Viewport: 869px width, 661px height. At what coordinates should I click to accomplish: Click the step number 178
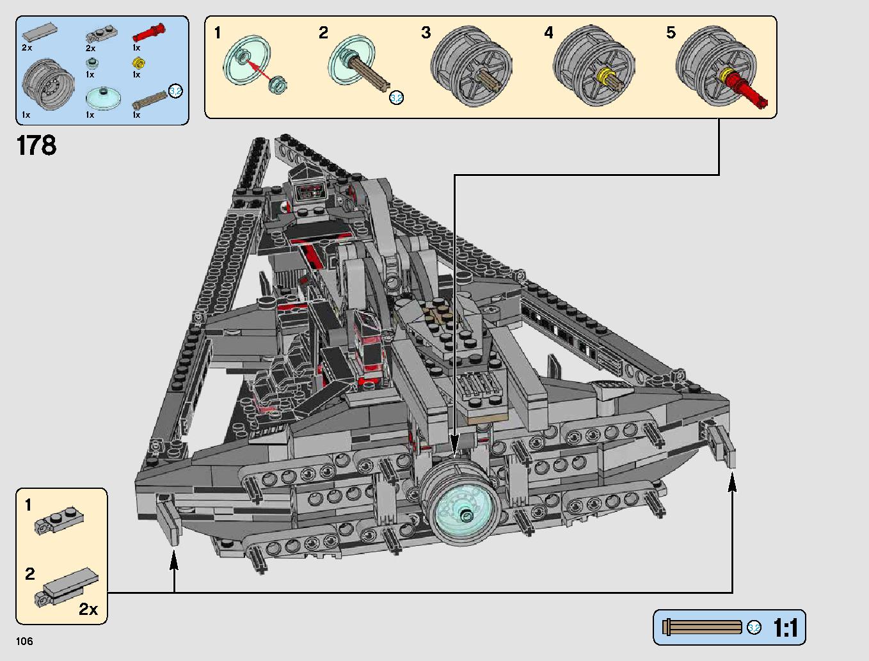click(x=36, y=146)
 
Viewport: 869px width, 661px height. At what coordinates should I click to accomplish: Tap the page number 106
click(x=24, y=641)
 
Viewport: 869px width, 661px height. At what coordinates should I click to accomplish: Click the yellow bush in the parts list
click(x=138, y=63)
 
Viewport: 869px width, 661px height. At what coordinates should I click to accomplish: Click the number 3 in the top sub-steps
click(x=426, y=33)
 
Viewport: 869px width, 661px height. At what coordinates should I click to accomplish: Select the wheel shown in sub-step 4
click(x=593, y=67)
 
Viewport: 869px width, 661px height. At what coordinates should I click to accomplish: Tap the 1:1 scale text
click(x=785, y=628)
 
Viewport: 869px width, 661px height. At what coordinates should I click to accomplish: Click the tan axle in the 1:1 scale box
click(x=702, y=627)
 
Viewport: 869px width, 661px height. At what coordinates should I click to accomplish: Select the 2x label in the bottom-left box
click(x=88, y=609)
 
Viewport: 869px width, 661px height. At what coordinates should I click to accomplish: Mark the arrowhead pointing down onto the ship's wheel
click(x=454, y=445)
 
